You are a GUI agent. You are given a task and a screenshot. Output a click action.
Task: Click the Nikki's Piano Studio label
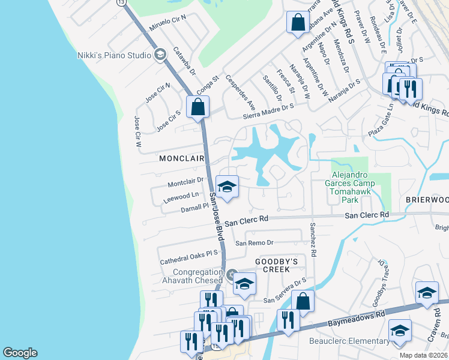114,55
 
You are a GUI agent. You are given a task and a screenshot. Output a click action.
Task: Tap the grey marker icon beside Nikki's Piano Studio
160,55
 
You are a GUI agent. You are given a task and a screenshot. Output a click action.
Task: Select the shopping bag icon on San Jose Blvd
198,108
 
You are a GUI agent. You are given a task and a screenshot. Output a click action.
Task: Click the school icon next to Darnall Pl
228,187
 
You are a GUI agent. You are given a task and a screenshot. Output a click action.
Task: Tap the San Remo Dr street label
254,243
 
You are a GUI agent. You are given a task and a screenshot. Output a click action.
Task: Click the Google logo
20,353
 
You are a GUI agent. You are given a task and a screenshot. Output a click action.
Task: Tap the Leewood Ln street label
181,195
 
